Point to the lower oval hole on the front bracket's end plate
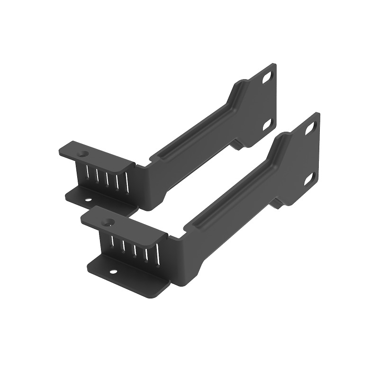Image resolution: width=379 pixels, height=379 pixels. point(311,176)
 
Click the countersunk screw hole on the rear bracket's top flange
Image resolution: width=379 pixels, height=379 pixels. point(84,154)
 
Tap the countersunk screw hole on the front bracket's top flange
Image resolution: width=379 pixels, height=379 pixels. point(109,221)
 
